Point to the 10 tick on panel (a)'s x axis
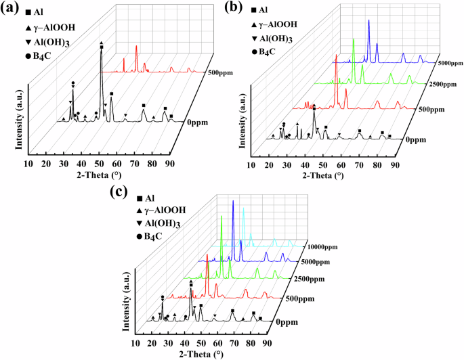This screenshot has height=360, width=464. pyautogui.click(x=28, y=164)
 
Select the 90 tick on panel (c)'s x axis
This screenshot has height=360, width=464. pyautogui.click(x=267, y=343)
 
